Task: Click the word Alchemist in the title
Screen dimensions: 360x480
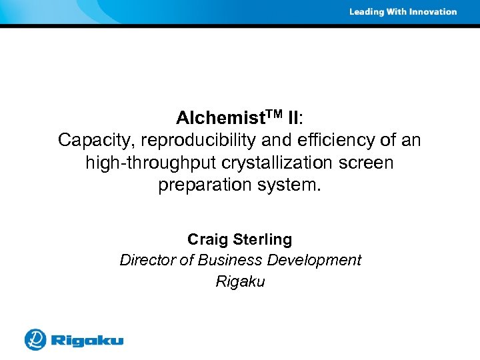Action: [x=214, y=119]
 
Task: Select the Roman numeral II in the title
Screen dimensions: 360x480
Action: [x=293, y=119]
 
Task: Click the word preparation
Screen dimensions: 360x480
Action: [x=199, y=185]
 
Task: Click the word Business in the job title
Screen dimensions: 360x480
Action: [x=227, y=260]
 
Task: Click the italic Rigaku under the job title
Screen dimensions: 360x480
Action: [x=240, y=282]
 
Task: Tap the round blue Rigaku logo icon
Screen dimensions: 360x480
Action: [x=35, y=339]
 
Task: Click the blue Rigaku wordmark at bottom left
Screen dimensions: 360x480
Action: [x=87, y=341]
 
